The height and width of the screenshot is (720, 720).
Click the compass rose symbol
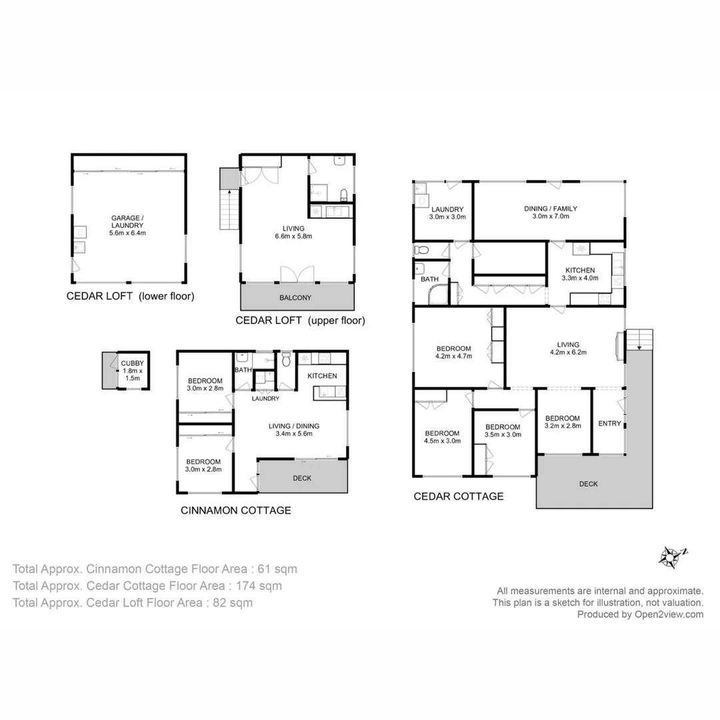click(672, 555)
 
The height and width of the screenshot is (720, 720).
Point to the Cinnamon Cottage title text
click(236, 510)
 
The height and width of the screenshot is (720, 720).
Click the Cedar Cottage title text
click(458, 496)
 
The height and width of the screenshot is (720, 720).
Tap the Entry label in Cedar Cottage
click(609, 423)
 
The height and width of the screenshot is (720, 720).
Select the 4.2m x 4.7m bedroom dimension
click(454, 356)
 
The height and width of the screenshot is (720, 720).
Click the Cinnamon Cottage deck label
click(302, 478)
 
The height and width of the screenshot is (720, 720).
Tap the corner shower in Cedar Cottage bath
click(440, 293)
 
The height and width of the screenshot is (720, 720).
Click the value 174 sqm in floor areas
click(255, 586)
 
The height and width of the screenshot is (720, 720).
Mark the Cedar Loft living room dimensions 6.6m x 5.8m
click(294, 236)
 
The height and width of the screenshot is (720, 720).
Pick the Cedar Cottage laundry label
click(447, 213)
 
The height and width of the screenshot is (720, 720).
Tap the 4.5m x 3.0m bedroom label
click(442, 436)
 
